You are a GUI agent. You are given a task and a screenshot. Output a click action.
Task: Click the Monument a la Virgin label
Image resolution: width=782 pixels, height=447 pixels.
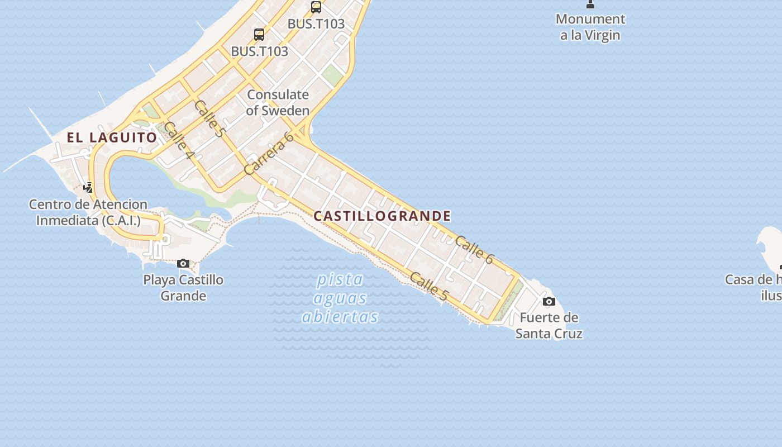click(x=590, y=27)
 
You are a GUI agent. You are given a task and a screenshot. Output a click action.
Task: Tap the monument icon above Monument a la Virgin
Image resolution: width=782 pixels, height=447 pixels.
click(x=590, y=4)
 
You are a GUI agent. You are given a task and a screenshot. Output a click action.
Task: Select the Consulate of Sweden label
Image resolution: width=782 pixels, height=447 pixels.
click(x=278, y=102)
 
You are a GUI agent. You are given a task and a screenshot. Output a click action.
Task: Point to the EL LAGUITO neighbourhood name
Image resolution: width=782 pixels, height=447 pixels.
click(x=112, y=137)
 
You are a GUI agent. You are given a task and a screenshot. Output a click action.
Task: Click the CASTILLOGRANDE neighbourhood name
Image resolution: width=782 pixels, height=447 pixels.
click(x=382, y=216)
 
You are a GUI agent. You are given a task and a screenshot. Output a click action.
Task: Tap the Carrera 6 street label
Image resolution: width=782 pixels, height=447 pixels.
click(x=269, y=153)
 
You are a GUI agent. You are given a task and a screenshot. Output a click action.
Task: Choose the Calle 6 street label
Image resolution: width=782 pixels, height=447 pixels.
click(x=474, y=249)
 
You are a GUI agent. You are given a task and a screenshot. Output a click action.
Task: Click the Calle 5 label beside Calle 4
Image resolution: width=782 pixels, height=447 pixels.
click(x=210, y=118)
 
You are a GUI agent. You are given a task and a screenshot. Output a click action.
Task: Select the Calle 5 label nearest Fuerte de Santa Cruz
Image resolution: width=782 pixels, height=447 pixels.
click(x=429, y=286)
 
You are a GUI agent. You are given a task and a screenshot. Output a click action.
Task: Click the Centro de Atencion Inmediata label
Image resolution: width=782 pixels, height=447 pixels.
click(x=88, y=212)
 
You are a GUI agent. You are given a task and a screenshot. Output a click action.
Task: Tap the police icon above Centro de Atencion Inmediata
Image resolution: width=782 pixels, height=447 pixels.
click(x=88, y=187)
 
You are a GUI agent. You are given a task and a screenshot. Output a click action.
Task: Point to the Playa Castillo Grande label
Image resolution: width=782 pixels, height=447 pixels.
click(x=183, y=287)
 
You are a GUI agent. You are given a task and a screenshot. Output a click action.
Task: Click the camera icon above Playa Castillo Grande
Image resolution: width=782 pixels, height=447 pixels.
click(x=183, y=263)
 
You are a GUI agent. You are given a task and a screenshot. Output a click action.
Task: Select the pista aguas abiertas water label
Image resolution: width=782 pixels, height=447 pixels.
click(x=340, y=298)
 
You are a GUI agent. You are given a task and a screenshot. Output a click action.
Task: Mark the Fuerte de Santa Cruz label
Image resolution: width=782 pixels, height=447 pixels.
click(x=549, y=325)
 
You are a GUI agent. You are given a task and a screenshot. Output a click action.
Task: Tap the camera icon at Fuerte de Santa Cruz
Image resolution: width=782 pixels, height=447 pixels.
click(x=549, y=302)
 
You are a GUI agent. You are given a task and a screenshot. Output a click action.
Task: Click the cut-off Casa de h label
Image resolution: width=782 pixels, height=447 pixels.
click(x=754, y=287)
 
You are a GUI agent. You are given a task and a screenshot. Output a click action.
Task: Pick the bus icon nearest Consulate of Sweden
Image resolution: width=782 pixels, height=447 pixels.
click(x=259, y=34)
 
